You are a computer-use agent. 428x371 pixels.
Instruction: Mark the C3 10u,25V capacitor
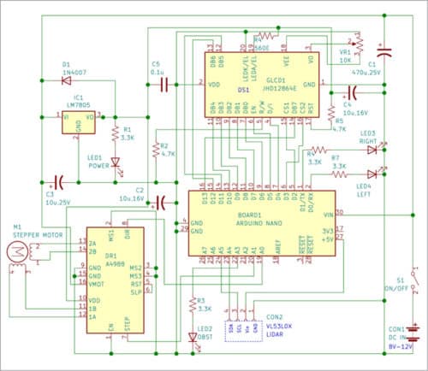point(55,181)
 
